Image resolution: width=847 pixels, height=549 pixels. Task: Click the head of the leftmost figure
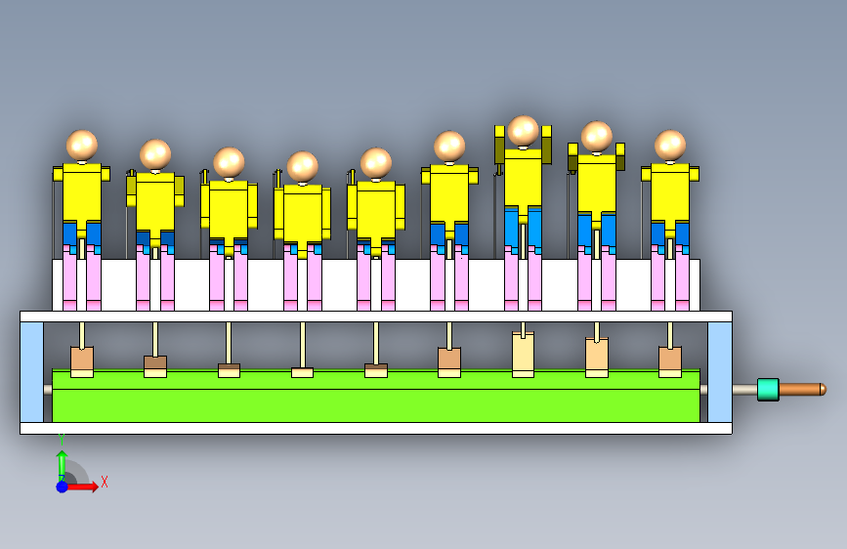click(x=82, y=145)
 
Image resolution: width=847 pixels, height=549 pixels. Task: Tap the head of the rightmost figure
click(x=670, y=145)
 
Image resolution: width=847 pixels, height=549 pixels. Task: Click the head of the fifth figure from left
click(x=376, y=162)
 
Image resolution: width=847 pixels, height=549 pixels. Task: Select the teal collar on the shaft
click(x=768, y=389)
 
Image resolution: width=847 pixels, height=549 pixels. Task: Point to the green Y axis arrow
click(x=62, y=461)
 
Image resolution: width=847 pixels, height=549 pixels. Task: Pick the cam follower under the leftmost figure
click(x=82, y=359)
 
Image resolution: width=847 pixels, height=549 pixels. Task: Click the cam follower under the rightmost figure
click(x=670, y=359)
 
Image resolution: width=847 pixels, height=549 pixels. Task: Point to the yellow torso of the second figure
click(x=154, y=202)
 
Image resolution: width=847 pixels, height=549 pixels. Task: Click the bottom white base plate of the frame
click(x=376, y=428)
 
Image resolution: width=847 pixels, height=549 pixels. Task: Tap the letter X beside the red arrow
click(x=104, y=482)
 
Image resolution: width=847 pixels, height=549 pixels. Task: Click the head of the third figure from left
click(x=229, y=162)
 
